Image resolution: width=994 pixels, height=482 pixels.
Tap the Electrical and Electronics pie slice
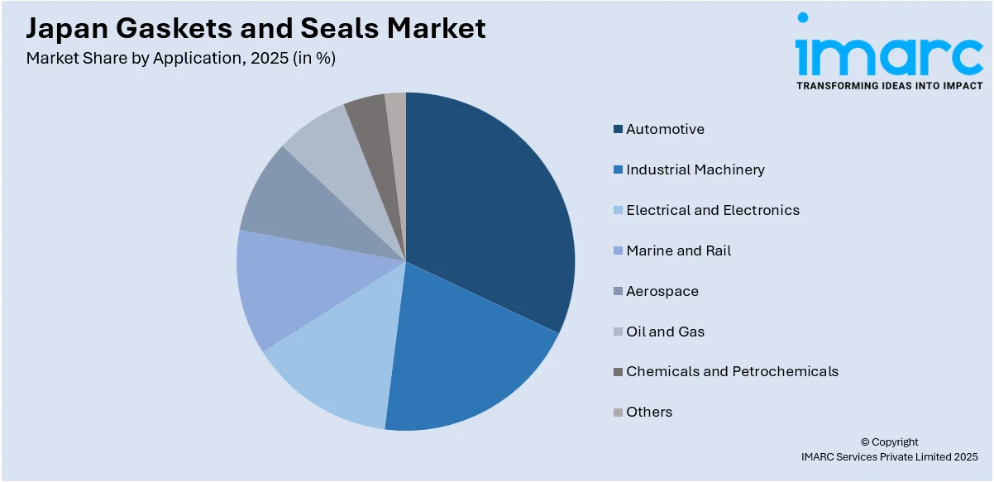(339, 356)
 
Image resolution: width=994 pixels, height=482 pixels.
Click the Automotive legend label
(665, 129)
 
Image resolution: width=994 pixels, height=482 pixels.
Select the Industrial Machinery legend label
(695, 169)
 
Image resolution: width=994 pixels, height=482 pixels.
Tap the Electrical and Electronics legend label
(712, 210)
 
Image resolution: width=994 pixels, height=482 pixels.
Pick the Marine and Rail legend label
(678, 251)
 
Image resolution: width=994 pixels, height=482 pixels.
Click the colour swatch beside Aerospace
(618, 291)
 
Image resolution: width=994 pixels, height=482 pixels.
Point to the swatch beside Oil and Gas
(618, 332)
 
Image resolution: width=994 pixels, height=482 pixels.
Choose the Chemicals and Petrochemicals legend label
(732, 371)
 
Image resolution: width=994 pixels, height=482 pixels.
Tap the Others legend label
(649, 412)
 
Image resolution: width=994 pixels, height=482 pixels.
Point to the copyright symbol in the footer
(865, 442)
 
